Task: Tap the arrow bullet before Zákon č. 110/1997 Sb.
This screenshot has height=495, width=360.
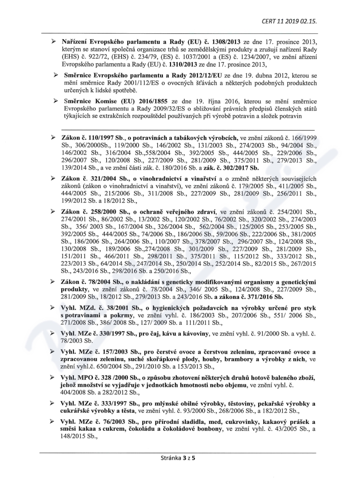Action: [53, 136]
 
